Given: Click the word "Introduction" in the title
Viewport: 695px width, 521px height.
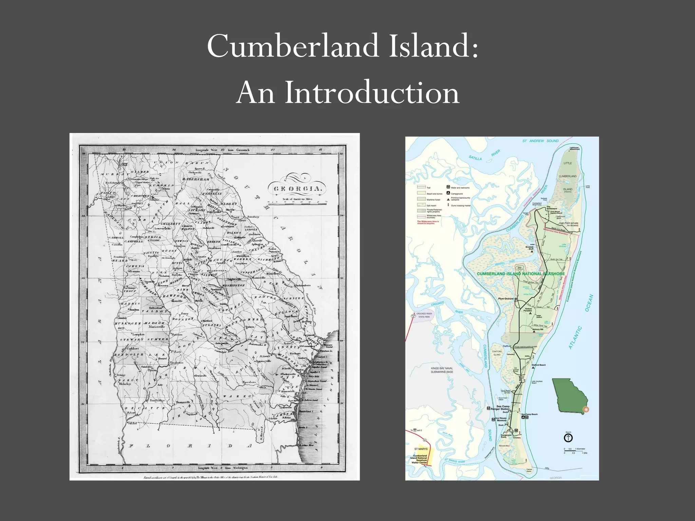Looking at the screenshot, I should point(372,93).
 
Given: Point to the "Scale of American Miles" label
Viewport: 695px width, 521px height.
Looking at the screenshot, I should point(297,199).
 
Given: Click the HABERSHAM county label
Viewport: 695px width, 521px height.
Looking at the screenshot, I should point(196,179).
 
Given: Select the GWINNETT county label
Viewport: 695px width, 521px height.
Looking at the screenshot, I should point(171,224).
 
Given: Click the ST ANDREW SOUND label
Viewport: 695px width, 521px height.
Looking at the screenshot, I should point(540,141).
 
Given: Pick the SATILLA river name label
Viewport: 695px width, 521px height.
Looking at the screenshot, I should point(475,158).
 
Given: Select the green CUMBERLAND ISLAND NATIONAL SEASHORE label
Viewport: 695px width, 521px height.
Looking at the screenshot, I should point(521,274).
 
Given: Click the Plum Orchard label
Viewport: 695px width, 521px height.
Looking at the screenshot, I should point(506,299).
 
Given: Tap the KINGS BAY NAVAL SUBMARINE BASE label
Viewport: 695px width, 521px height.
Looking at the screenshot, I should point(442,370).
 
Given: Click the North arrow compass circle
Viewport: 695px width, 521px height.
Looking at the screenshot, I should point(568,438).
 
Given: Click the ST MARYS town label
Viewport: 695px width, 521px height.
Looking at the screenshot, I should point(421,449).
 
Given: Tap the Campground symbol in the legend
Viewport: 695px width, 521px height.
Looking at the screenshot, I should point(448,193).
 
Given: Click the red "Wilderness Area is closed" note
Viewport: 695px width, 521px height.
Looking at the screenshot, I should point(428,223).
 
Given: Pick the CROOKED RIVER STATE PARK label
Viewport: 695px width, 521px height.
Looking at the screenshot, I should point(424,315).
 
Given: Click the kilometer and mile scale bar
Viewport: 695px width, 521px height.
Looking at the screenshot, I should point(575,451).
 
